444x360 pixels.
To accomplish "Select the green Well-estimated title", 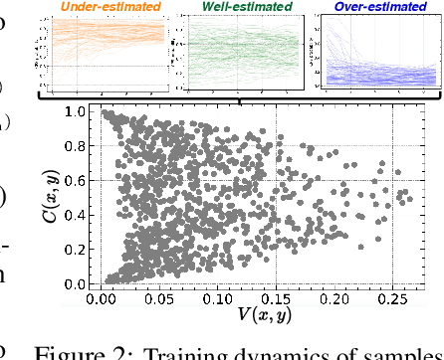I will (242, 8).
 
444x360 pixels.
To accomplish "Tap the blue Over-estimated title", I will (376, 8).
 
